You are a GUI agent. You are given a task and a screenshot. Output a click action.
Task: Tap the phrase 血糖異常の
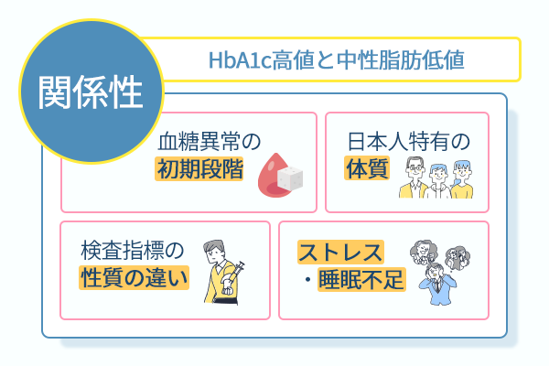210,142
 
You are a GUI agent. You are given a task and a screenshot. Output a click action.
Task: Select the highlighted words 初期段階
199,169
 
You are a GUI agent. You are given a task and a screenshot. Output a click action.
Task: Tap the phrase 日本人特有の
408,142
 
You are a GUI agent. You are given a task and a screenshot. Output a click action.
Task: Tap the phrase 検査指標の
134,249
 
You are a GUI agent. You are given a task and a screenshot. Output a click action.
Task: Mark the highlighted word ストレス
340,253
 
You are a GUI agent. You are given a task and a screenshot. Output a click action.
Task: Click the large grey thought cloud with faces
427,251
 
